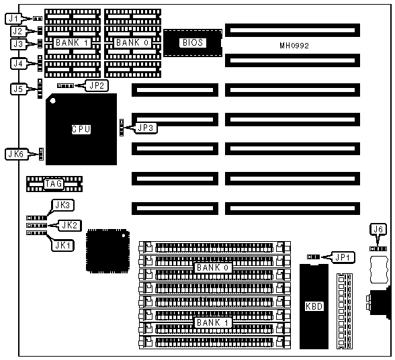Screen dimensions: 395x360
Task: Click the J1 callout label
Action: click(13, 18)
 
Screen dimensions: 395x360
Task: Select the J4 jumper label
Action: click(18, 64)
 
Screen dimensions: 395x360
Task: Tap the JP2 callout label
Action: click(97, 85)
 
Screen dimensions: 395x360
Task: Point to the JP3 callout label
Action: click(146, 128)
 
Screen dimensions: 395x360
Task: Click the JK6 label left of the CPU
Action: click(16, 154)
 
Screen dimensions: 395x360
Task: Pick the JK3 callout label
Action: click(62, 206)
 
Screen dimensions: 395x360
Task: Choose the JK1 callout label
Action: click(62, 245)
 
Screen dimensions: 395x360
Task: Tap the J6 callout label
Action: click(378, 229)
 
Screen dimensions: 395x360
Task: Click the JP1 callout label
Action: click(343, 257)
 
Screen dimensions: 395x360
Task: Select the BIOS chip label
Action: click(193, 42)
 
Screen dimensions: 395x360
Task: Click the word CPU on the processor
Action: click(81, 129)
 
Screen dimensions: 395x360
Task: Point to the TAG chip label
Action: click(54, 183)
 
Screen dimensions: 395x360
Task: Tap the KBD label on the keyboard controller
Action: click(314, 306)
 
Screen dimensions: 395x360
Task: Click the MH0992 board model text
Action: click(294, 46)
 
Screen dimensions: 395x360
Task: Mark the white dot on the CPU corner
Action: click(52, 101)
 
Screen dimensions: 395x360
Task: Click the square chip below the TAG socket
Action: click(107, 251)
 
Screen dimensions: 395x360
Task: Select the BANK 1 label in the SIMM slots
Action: click(213, 322)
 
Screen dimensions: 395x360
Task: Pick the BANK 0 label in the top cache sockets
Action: click(132, 42)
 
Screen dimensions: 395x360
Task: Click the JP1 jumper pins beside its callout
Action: click(313, 257)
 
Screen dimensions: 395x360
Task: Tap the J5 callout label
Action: click(18, 89)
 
